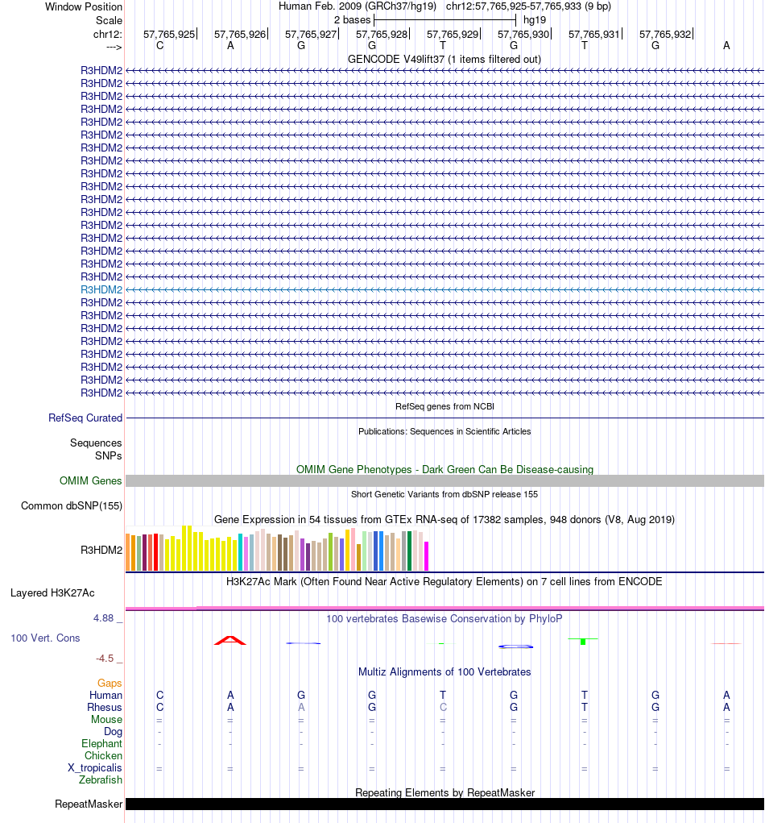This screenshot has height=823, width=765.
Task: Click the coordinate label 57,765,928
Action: tap(382, 34)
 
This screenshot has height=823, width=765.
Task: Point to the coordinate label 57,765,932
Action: tap(665, 34)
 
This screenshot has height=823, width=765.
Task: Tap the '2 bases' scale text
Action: tap(352, 19)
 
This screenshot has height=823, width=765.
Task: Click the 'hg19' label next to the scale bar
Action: tap(535, 19)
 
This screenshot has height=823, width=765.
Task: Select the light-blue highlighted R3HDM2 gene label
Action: tap(101, 289)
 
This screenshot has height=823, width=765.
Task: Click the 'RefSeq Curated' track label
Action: tap(85, 418)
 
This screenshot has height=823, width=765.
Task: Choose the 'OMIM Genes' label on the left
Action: tap(91, 480)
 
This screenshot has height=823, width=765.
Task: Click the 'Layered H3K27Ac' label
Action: tap(52, 592)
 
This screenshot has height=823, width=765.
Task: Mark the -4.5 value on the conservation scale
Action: tap(107, 658)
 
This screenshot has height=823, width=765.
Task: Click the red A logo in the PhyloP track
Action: tap(230, 640)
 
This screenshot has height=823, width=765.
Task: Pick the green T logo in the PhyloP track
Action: tap(583, 640)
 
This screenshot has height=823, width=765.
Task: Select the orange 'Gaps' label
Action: tap(110, 683)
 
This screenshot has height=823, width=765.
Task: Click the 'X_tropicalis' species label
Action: tap(95, 768)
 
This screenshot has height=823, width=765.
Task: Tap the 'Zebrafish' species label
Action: tap(101, 780)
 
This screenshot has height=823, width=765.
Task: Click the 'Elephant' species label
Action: tap(101, 743)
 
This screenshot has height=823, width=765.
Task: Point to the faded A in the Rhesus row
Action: tap(301, 707)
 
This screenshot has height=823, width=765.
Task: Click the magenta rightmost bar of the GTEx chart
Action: tap(427, 555)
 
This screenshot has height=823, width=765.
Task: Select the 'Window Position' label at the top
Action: tap(84, 6)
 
